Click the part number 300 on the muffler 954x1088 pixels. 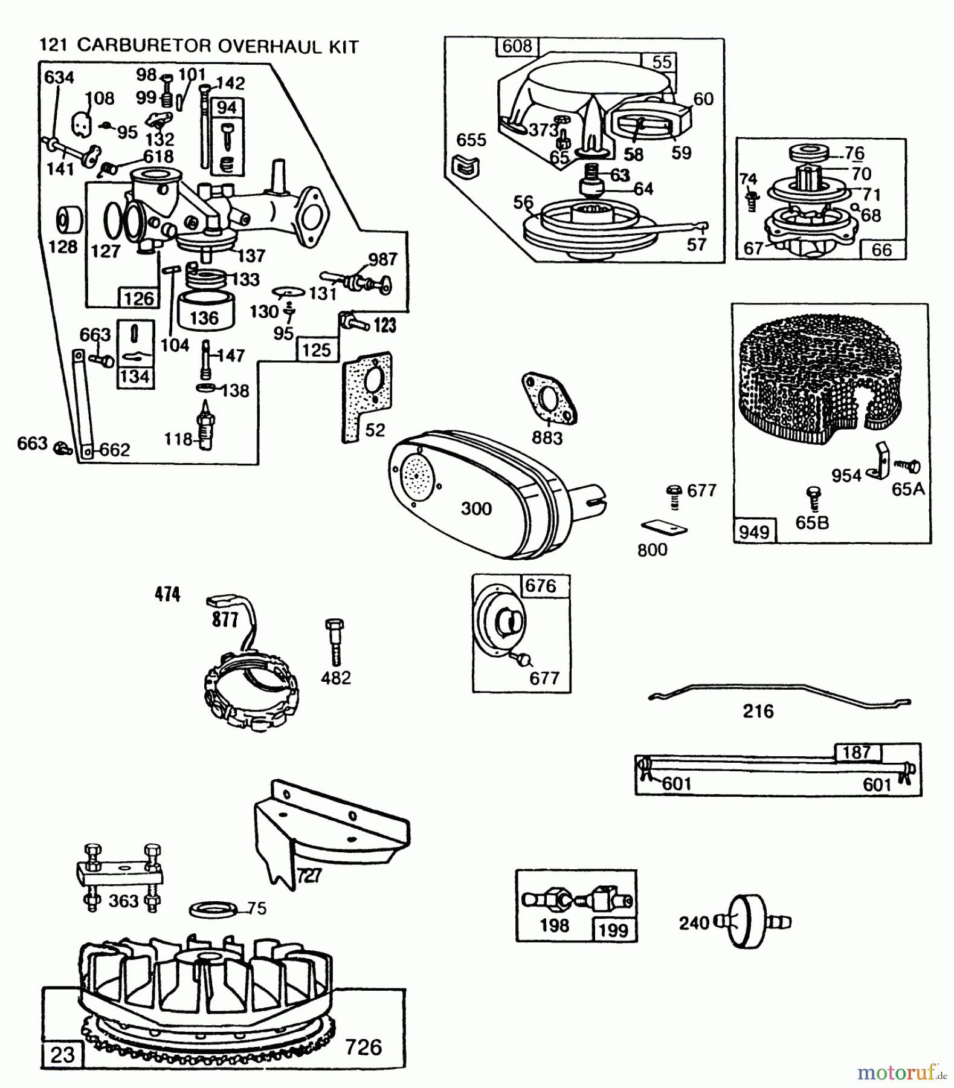point(476,508)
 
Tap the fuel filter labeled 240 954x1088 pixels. point(747,922)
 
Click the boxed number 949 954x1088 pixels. point(753,532)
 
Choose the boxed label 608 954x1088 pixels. point(517,46)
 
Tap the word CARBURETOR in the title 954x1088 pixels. point(144,47)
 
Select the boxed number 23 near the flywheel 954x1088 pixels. point(62,1055)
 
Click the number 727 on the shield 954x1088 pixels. point(309,875)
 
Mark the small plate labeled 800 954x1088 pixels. point(663,528)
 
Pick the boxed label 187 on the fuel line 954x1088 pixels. point(857,752)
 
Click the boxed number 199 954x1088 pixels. point(614,930)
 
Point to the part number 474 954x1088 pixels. point(167,595)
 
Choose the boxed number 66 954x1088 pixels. point(881,250)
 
